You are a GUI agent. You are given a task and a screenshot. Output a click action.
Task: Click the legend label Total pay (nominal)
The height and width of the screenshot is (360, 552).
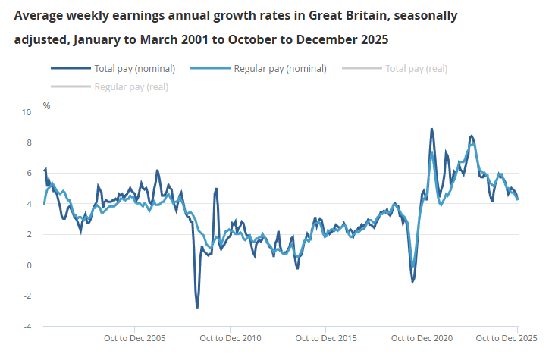click(x=134, y=68)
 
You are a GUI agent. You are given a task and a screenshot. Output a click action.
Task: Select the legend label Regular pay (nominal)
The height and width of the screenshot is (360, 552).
click(x=280, y=68)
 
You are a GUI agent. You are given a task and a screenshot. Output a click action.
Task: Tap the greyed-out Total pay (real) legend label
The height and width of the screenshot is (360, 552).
click(x=416, y=68)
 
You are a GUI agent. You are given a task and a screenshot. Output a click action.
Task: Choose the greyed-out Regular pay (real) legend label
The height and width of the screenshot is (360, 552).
click(x=131, y=86)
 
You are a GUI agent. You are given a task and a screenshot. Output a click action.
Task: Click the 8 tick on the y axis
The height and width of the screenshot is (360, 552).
click(x=29, y=142)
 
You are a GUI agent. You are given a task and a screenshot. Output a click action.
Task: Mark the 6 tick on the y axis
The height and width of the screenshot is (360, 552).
click(x=29, y=173)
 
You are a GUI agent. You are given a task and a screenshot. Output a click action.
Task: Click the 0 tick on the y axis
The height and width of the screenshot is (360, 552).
click(x=29, y=265)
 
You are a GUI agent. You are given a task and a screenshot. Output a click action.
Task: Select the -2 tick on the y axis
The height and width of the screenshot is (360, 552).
click(x=27, y=296)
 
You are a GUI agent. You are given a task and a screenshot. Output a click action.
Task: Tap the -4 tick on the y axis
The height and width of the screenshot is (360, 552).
click(x=27, y=327)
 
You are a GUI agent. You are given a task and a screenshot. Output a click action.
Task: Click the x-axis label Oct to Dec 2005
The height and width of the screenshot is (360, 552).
click(x=135, y=338)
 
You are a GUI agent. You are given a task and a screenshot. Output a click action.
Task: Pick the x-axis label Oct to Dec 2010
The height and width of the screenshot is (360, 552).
click(x=231, y=338)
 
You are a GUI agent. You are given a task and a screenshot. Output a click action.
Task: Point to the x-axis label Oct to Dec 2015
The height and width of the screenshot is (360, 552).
click(x=326, y=338)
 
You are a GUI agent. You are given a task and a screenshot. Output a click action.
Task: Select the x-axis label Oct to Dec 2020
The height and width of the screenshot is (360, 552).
click(x=422, y=338)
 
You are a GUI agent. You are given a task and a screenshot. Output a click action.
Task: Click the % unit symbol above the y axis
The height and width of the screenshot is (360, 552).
click(x=46, y=105)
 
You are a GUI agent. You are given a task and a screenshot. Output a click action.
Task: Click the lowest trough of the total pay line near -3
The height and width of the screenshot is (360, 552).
click(x=197, y=308)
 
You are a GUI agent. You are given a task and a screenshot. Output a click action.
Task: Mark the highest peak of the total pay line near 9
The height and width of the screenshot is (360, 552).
click(x=431, y=130)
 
